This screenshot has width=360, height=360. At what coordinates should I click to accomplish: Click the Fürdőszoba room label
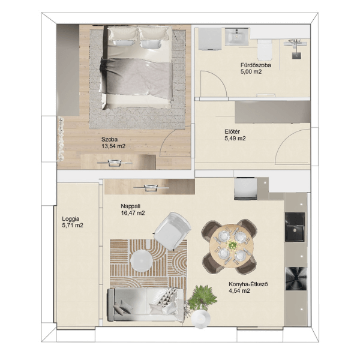point(256,65)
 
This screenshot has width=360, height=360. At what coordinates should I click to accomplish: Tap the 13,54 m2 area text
point(113,146)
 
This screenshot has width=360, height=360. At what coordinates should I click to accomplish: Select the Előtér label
point(232,132)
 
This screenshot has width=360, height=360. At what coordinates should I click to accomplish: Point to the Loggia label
point(71,219)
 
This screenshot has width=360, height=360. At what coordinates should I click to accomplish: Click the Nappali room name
point(130,206)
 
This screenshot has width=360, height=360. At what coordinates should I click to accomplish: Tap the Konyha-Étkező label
point(248,284)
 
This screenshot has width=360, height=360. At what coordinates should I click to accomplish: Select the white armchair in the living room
point(172,231)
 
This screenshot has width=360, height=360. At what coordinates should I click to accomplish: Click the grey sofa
point(146,304)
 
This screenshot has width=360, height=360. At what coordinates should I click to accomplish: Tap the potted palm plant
point(202,298)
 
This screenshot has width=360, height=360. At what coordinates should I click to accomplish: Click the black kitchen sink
point(295,227)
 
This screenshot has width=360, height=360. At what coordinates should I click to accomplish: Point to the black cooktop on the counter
point(296,279)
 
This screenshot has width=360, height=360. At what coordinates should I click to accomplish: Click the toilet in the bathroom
point(265,50)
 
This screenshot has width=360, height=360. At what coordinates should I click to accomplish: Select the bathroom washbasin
point(237,36)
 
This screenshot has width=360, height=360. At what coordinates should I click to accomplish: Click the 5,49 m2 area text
point(235,139)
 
